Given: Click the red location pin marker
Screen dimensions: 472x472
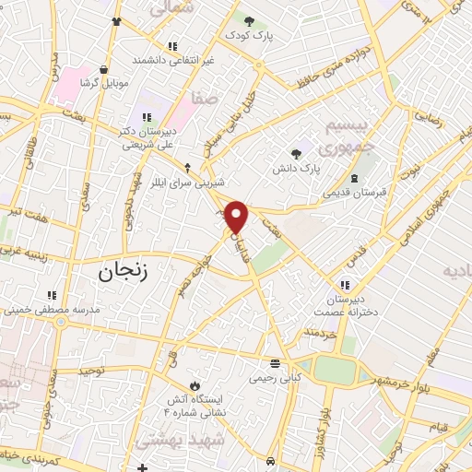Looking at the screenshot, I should (x=237, y=217).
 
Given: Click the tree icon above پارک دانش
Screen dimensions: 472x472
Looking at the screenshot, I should (x=295, y=155).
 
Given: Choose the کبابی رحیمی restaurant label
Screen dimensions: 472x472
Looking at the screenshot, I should (x=274, y=377).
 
